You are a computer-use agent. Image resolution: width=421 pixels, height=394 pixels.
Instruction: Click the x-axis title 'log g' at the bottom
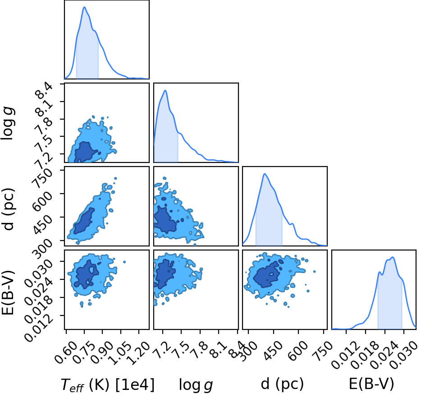[x=196, y=385]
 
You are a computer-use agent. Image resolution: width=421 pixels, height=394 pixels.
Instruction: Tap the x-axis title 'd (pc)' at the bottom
[x=282, y=384]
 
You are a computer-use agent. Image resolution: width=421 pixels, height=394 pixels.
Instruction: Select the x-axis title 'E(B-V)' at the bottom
[x=371, y=384]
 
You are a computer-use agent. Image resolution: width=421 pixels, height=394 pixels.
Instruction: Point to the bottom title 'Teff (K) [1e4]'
[x=108, y=384]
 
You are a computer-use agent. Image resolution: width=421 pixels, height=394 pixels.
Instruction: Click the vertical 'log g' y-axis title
[x=8, y=123]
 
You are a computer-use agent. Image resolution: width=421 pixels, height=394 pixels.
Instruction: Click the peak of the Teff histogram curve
[x=84, y=7]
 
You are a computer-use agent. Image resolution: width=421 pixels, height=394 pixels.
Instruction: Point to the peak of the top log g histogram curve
[x=165, y=90]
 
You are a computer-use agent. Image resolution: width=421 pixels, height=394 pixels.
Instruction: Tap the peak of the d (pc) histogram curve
[x=265, y=174]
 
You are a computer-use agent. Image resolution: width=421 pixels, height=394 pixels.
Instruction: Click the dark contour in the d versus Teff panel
[x=84, y=221]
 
